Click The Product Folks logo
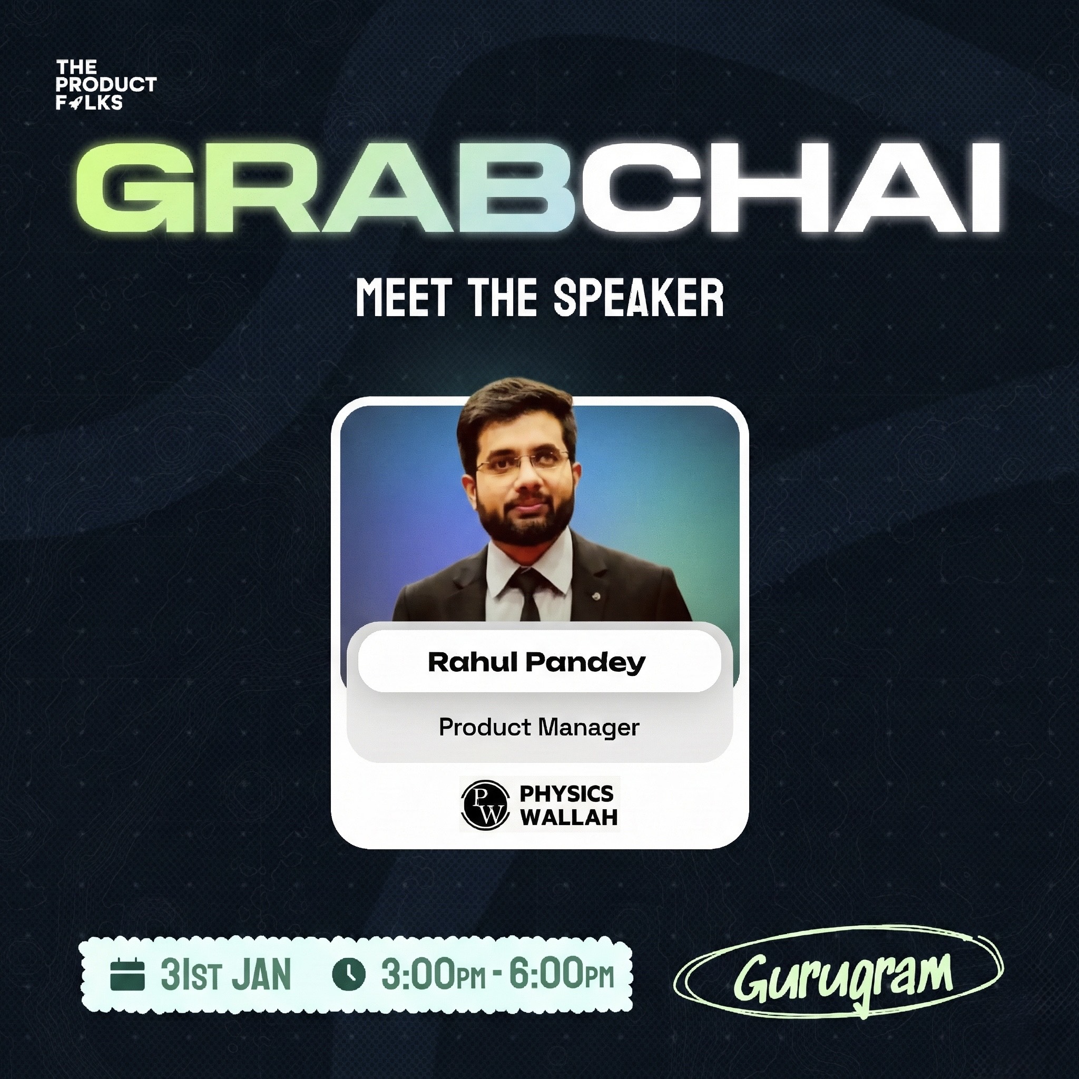pos(105,85)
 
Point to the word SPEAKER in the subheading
pos(639,298)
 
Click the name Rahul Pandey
pos(537,662)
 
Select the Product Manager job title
pos(539,727)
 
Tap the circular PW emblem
pos(485,804)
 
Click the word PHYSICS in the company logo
pos(566,793)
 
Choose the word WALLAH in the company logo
pos(568,818)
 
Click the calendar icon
pos(128,975)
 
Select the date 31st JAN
pos(225,975)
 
